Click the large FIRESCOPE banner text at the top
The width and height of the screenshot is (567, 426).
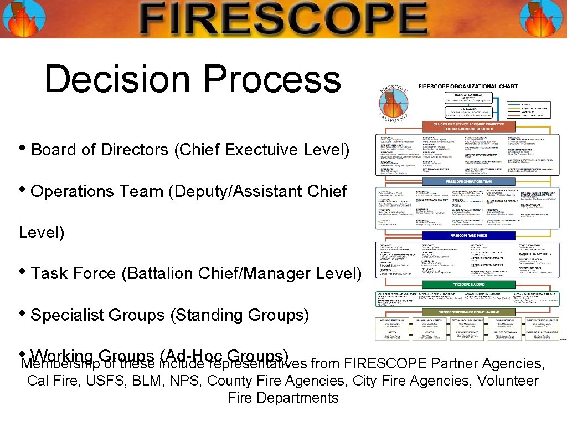283,18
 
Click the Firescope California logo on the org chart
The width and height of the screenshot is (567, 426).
394,104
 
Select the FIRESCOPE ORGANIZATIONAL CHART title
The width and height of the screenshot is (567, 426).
468,87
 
